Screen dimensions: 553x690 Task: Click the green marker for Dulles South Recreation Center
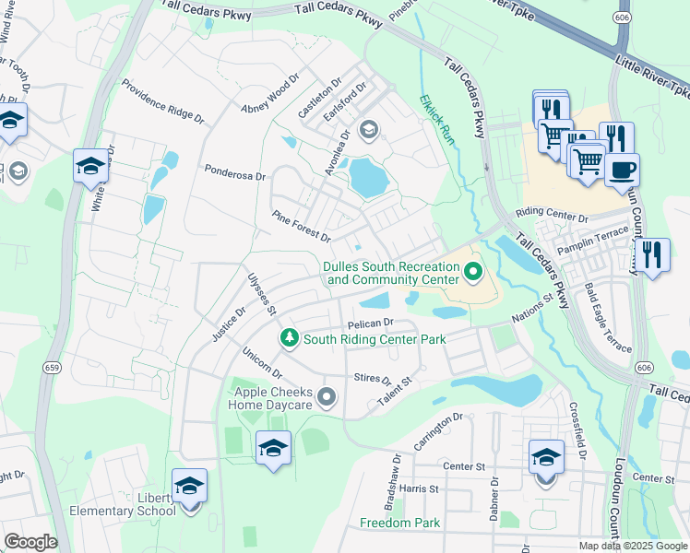click(x=473, y=271)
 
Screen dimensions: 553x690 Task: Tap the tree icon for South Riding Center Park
click(x=290, y=339)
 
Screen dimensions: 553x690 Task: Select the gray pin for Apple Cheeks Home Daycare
click(x=326, y=397)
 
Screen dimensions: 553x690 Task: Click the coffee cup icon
click(x=622, y=170)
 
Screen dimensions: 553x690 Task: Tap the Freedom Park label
click(x=399, y=524)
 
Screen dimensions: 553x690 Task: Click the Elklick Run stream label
click(x=438, y=117)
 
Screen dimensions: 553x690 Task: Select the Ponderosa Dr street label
click(x=234, y=172)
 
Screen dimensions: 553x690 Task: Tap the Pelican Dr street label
click(x=371, y=324)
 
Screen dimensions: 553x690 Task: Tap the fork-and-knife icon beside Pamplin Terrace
click(x=652, y=255)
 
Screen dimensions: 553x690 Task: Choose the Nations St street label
click(x=532, y=307)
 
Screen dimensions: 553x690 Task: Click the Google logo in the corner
click(x=30, y=542)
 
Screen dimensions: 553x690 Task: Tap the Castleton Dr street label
click(x=319, y=98)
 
